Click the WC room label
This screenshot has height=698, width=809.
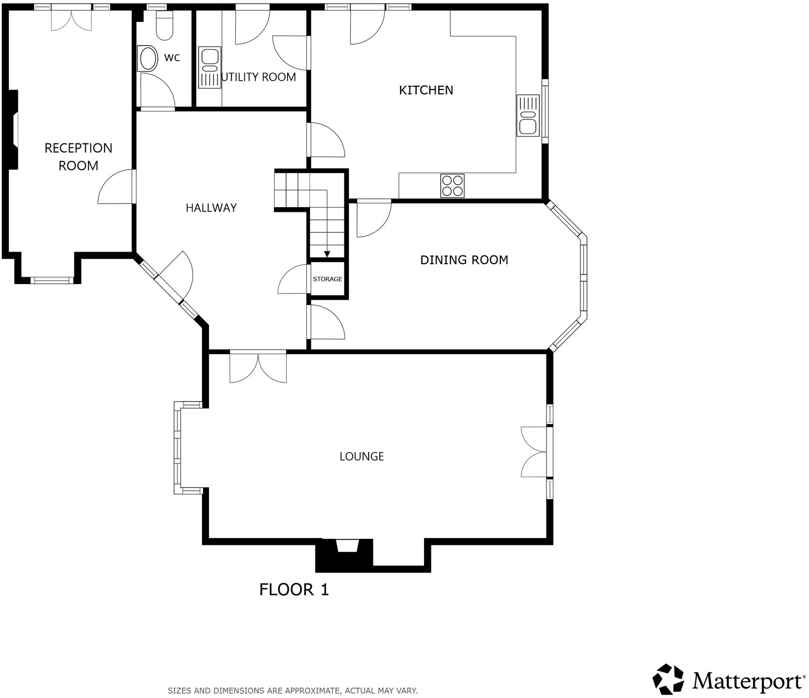pyautogui.click(x=172, y=58)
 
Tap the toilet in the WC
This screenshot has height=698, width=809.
pyautogui.click(x=164, y=26)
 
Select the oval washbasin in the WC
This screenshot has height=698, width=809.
pyautogui.click(x=147, y=59)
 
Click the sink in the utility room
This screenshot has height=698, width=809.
pyautogui.click(x=210, y=67)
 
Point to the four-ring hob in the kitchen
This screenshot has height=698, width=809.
pyautogui.click(x=452, y=185)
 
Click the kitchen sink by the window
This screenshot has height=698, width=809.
pyautogui.click(x=528, y=116)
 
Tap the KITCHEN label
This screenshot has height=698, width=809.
pyautogui.click(x=426, y=90)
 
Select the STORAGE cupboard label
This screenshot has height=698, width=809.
pyautogui.click(x=327, y=279)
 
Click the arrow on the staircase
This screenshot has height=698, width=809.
pyautogui.click(x=327, y=254)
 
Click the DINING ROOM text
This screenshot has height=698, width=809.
pyautogui.click(x=464, y=260)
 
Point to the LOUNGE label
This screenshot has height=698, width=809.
pyautogui.click(x=361, y=456)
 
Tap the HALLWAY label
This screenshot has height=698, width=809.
pyautogui.click(x=211, y=208)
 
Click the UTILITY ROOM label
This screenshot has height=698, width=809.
pyautogui.click(x=259, y=77)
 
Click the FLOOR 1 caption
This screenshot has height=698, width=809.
pyautogui.click(x=294, y=590)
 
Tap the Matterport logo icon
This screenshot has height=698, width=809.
pyautogui.click(x=668, y=679)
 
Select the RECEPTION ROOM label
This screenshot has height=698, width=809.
pyautogui.click(x=78, y=156)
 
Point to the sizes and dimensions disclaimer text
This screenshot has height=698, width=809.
pyautogui.click(x=292, y=691)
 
